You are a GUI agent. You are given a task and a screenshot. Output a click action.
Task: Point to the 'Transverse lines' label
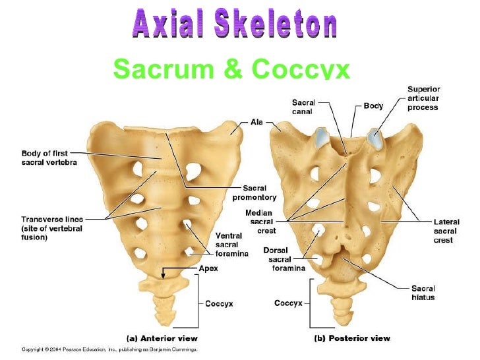(50, 228)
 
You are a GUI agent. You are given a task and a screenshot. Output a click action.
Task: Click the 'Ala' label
(256, 122)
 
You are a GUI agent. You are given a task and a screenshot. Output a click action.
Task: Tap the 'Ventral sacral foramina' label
(232, 245)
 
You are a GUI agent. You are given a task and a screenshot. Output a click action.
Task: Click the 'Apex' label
(208, 268)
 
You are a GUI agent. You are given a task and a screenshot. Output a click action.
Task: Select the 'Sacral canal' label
(304, 107)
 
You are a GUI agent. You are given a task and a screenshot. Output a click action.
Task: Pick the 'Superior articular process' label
(423, 98)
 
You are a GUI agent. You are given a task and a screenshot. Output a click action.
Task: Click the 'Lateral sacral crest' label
(446, 231)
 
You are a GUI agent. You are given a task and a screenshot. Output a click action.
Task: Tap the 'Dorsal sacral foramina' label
(284, 259)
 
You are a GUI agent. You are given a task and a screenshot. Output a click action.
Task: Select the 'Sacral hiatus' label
(423, 293)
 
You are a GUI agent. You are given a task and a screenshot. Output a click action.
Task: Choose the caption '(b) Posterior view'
(351, 338)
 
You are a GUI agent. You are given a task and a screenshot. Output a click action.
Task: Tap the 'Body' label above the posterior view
(374, 105)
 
